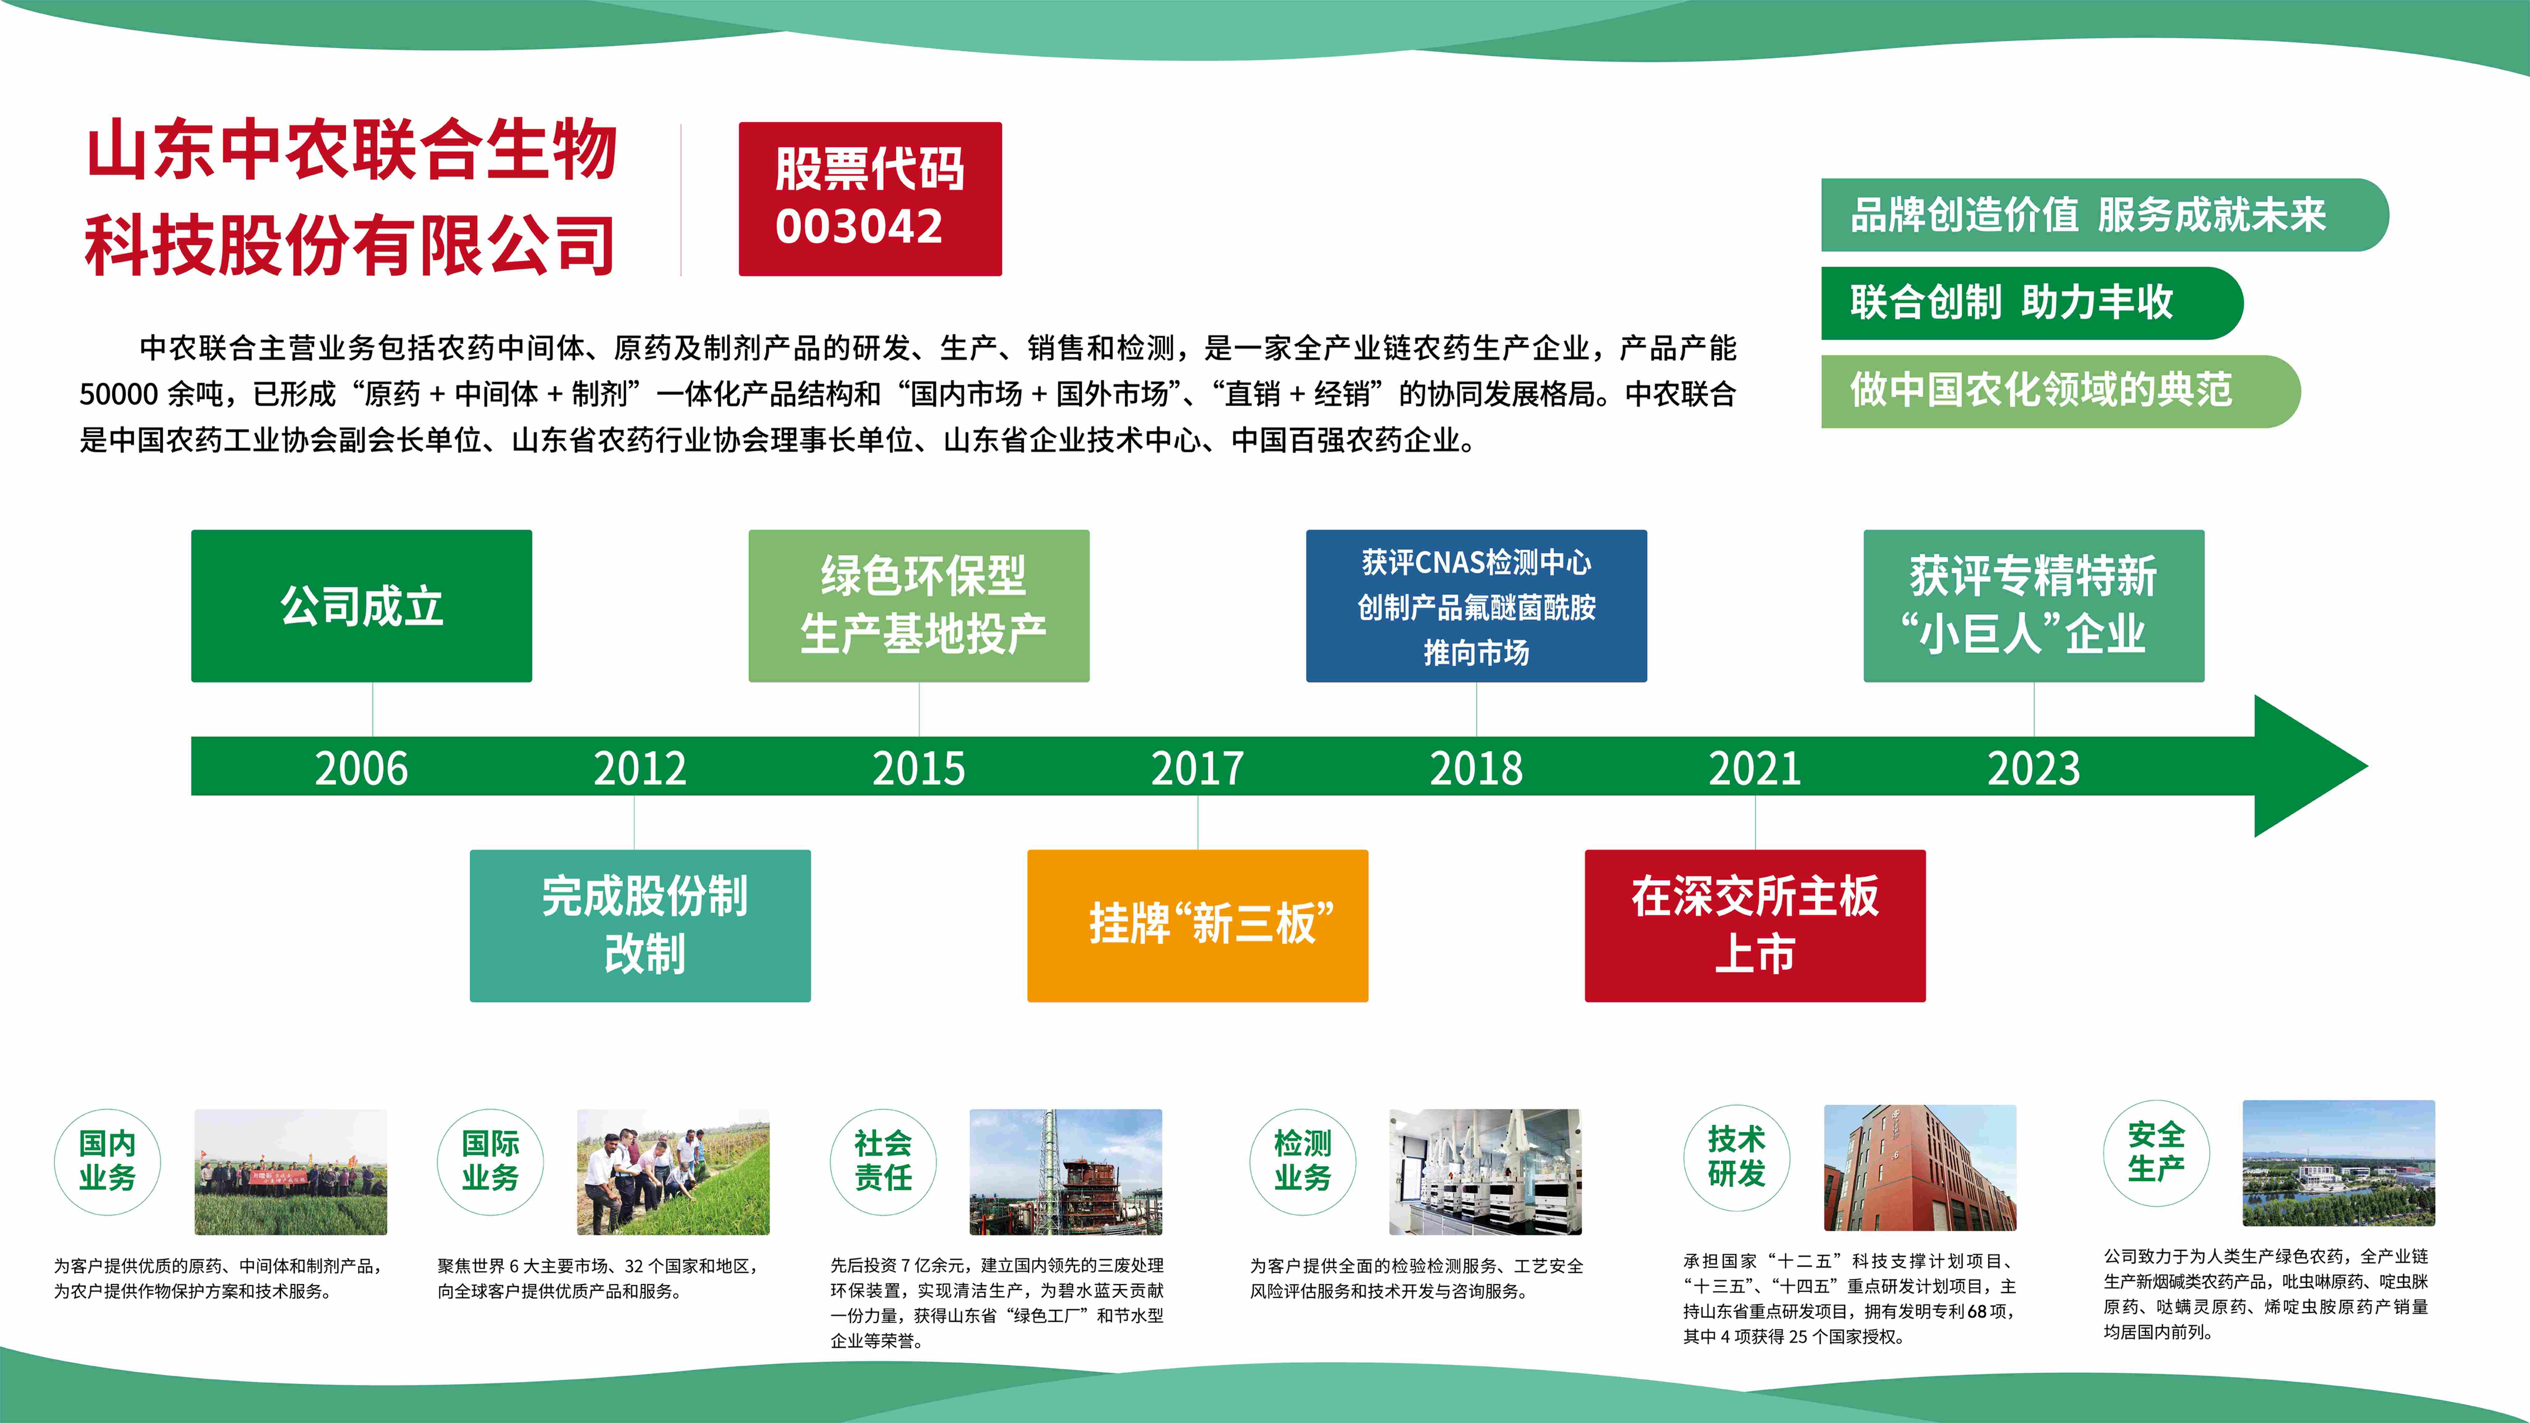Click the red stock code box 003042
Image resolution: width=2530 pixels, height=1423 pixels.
pos(870,198)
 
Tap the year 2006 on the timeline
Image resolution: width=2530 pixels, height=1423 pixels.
pos(361,768)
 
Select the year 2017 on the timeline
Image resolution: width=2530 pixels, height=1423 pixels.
pos(1197,768)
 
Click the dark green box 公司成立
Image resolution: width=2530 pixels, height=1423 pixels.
pos(361,606)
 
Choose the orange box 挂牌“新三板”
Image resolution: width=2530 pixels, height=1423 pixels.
pos(1197,925)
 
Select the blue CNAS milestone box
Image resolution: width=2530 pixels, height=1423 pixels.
pos(1476,606)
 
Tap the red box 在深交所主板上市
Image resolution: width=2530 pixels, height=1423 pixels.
pos(1755,925)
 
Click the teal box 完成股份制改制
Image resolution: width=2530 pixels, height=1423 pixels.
pos(640,925)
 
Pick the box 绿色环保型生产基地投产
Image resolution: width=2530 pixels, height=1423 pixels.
pos(919,606)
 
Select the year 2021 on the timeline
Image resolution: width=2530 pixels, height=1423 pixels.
pos(1755,768)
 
